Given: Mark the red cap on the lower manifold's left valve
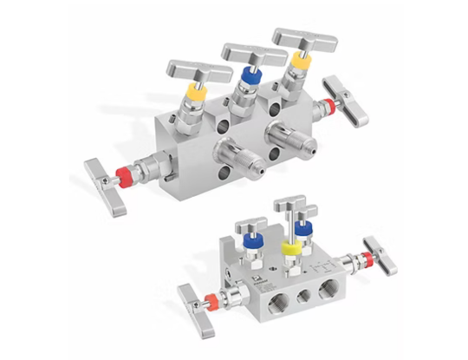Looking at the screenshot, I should point(210,299).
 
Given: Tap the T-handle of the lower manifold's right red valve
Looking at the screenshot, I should point(380,252).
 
